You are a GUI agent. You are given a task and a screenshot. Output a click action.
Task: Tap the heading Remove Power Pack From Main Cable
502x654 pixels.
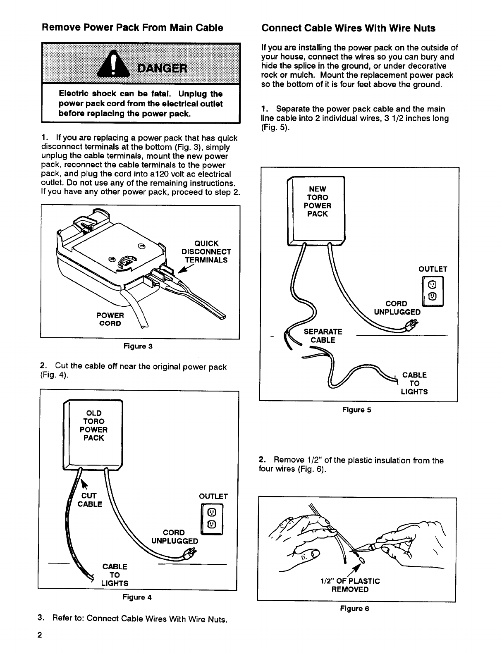tap(132, 28)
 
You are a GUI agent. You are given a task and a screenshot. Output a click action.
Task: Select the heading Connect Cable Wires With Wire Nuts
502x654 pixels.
tap(348, 28)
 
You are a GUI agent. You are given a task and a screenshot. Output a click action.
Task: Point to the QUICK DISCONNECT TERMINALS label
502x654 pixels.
tap(206, 252)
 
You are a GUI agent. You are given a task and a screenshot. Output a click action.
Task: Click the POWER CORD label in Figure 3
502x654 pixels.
tap(110, 319)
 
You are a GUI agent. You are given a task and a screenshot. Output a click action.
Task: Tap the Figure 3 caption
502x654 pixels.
tap(138, 346)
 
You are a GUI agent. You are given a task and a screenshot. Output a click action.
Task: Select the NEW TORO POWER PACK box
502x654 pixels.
tap(316, 211)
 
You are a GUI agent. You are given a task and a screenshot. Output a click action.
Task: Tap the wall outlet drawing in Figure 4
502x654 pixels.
tap(212, 519)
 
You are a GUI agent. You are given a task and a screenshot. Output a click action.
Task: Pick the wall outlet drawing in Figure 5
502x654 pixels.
tap(433, 291)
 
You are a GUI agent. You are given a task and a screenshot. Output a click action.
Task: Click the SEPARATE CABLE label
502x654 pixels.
tap(323, 336)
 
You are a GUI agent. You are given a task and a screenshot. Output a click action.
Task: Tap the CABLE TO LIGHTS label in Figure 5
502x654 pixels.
tap(414, 384)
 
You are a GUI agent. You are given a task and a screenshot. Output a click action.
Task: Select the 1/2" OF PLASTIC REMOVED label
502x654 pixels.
tap(350, 585)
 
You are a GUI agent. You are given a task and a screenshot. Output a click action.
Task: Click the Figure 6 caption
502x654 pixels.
tap(354, 609)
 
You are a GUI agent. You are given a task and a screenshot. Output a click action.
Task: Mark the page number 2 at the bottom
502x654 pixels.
tap(39, 635)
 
